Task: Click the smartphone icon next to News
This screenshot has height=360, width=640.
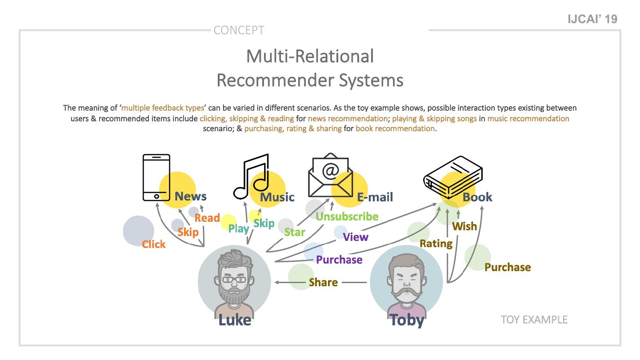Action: tap(156, 177)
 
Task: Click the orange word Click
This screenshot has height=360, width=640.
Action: tap(153, 244)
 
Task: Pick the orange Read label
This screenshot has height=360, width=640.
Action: tap(207, 218)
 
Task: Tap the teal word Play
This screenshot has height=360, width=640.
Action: tap(238, 228)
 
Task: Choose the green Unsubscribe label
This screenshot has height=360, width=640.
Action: tap(347, 216)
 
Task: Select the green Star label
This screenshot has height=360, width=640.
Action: tap(295, 232)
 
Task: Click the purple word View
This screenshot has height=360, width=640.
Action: tap(356, 237)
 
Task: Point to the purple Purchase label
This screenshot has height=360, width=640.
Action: tap(339, 260)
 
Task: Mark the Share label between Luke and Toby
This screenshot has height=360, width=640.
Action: tap(323, 282)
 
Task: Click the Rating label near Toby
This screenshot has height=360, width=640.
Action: tap(436, 244)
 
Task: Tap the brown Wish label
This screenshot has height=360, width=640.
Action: tap(464, 226)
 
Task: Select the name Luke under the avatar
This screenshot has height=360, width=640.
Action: tap(235, 320)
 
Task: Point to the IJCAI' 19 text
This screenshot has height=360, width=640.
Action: tap(593, 19)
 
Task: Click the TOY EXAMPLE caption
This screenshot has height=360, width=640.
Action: tap(534, 320)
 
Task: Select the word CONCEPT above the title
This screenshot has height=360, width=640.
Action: tap(239, 30)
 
